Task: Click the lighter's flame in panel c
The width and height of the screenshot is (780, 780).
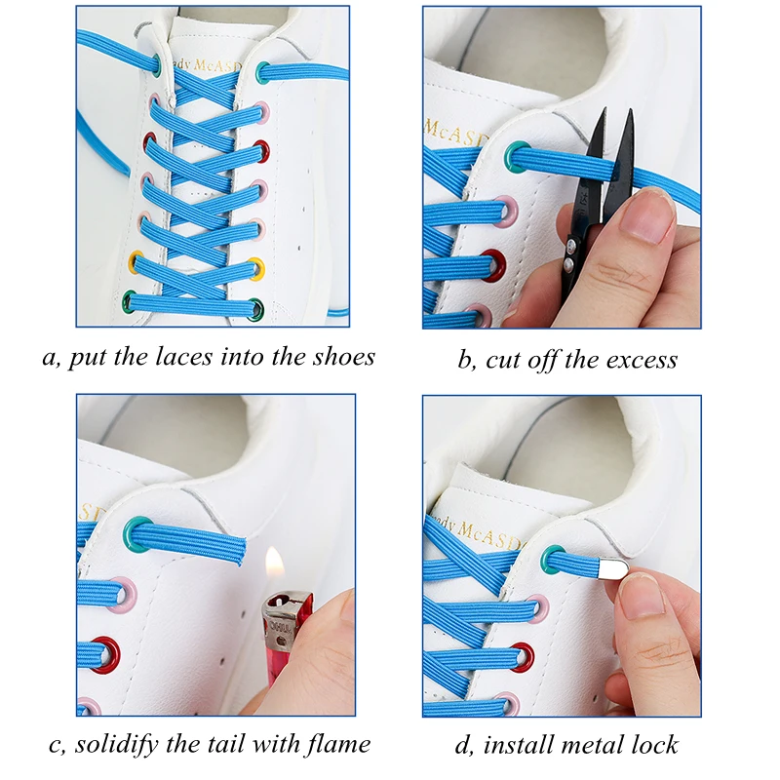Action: click(274, 565)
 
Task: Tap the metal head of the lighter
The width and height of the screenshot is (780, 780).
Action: click(283, 613)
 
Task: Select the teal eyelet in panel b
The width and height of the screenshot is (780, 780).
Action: click(517, 156)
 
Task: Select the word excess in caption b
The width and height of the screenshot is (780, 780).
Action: click(633, 360)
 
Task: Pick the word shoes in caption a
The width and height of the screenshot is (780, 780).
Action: click(341, 357)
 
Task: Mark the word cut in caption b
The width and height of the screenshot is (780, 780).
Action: click(504, 361)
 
